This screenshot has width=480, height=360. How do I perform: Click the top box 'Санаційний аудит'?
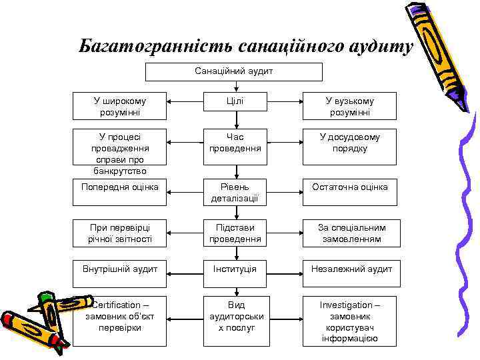click(234, 71)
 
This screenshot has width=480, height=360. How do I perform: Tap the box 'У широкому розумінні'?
click(120, 106)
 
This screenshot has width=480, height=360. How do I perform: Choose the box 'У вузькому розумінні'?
click(349, 106)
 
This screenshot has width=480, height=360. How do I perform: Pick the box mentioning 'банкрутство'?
click(120, 153)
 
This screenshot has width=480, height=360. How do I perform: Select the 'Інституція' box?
click(235, 269)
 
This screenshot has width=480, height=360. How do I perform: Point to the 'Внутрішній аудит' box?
click(120, 269)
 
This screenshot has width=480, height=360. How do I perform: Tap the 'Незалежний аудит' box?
click(349, 269)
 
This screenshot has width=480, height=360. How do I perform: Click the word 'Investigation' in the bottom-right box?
click(349, 305)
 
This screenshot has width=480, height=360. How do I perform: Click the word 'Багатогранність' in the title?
click(153, 47)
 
